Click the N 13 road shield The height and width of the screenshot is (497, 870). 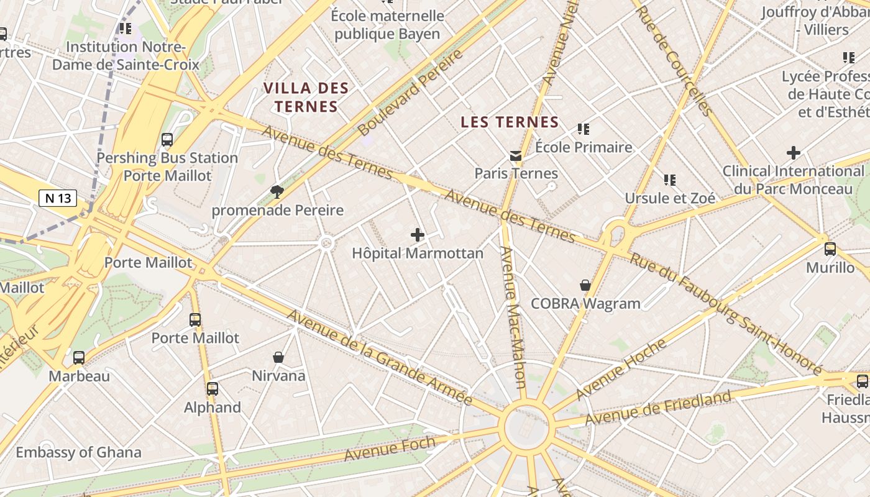[58, 198]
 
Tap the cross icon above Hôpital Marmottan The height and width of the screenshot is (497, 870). [418, 235]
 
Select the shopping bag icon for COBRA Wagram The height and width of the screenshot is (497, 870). [585, 285]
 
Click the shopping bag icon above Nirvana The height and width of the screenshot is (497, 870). [278, 357]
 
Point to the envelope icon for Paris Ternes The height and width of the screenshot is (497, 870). [516, 155]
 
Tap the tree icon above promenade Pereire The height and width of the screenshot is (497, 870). [277, 192]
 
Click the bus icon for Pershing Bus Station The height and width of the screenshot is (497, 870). [167, 140]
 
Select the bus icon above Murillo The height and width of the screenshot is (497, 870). [830, 249]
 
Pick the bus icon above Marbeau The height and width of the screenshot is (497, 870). [79, 358]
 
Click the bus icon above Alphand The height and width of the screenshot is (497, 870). [213, 389]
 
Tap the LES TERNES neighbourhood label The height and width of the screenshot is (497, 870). [510, 122]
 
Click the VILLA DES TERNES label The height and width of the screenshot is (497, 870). [306, 97]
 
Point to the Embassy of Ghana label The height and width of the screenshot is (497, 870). [78, 452]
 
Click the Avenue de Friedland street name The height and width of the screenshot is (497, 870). [658, 408]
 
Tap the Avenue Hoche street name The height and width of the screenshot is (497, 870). [621, 369]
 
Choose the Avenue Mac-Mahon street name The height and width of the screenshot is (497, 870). [515, 317]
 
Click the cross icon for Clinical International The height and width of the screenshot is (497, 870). [794, 152]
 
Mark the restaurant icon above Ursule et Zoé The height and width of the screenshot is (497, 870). [669, 180]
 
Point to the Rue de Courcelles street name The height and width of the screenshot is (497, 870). [675, 61]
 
